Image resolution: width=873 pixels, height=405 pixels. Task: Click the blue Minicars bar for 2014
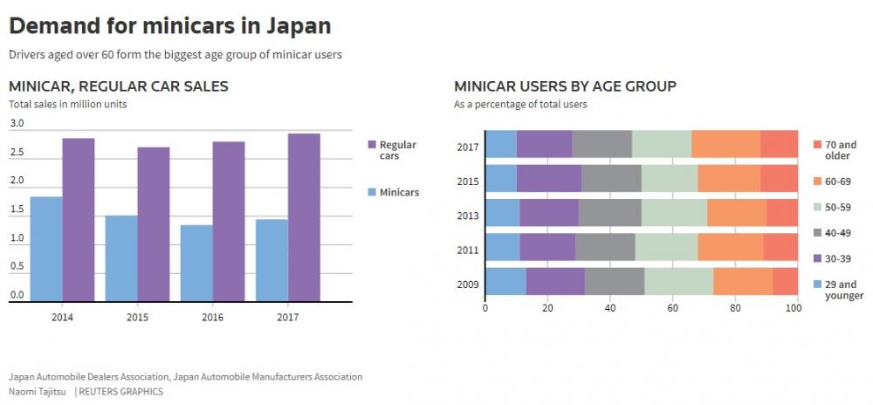click(x=46, y=249)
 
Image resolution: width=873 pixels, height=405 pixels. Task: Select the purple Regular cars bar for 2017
click(x=304, y=217)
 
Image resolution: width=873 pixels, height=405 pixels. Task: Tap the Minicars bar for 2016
click(x=196, y=263)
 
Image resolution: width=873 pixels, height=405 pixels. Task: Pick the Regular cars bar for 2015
click(x=154, y=224)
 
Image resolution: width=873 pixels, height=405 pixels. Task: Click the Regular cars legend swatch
click(x=371, y=144)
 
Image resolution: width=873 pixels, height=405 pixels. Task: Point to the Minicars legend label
click(x=400, y=192)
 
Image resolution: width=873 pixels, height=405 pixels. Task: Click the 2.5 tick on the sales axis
click(x=17, y=153)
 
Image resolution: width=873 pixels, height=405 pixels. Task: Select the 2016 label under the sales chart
click(x=212, y=315)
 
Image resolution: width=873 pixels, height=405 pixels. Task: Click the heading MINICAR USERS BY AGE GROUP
click(x=565, y=86)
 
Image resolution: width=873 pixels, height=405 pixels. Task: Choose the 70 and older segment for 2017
click(x=779, y=144)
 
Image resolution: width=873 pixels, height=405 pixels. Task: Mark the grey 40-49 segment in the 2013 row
click(x=609, y=213)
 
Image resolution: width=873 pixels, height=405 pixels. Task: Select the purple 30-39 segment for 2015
click(x=549, y=178)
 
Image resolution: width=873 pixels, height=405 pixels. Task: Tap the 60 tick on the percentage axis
click(x=672, y=307)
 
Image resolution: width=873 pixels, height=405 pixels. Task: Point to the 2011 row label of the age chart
click(x=467, y=251)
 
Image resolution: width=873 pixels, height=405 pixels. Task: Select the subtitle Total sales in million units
click(x=68, y=104)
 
